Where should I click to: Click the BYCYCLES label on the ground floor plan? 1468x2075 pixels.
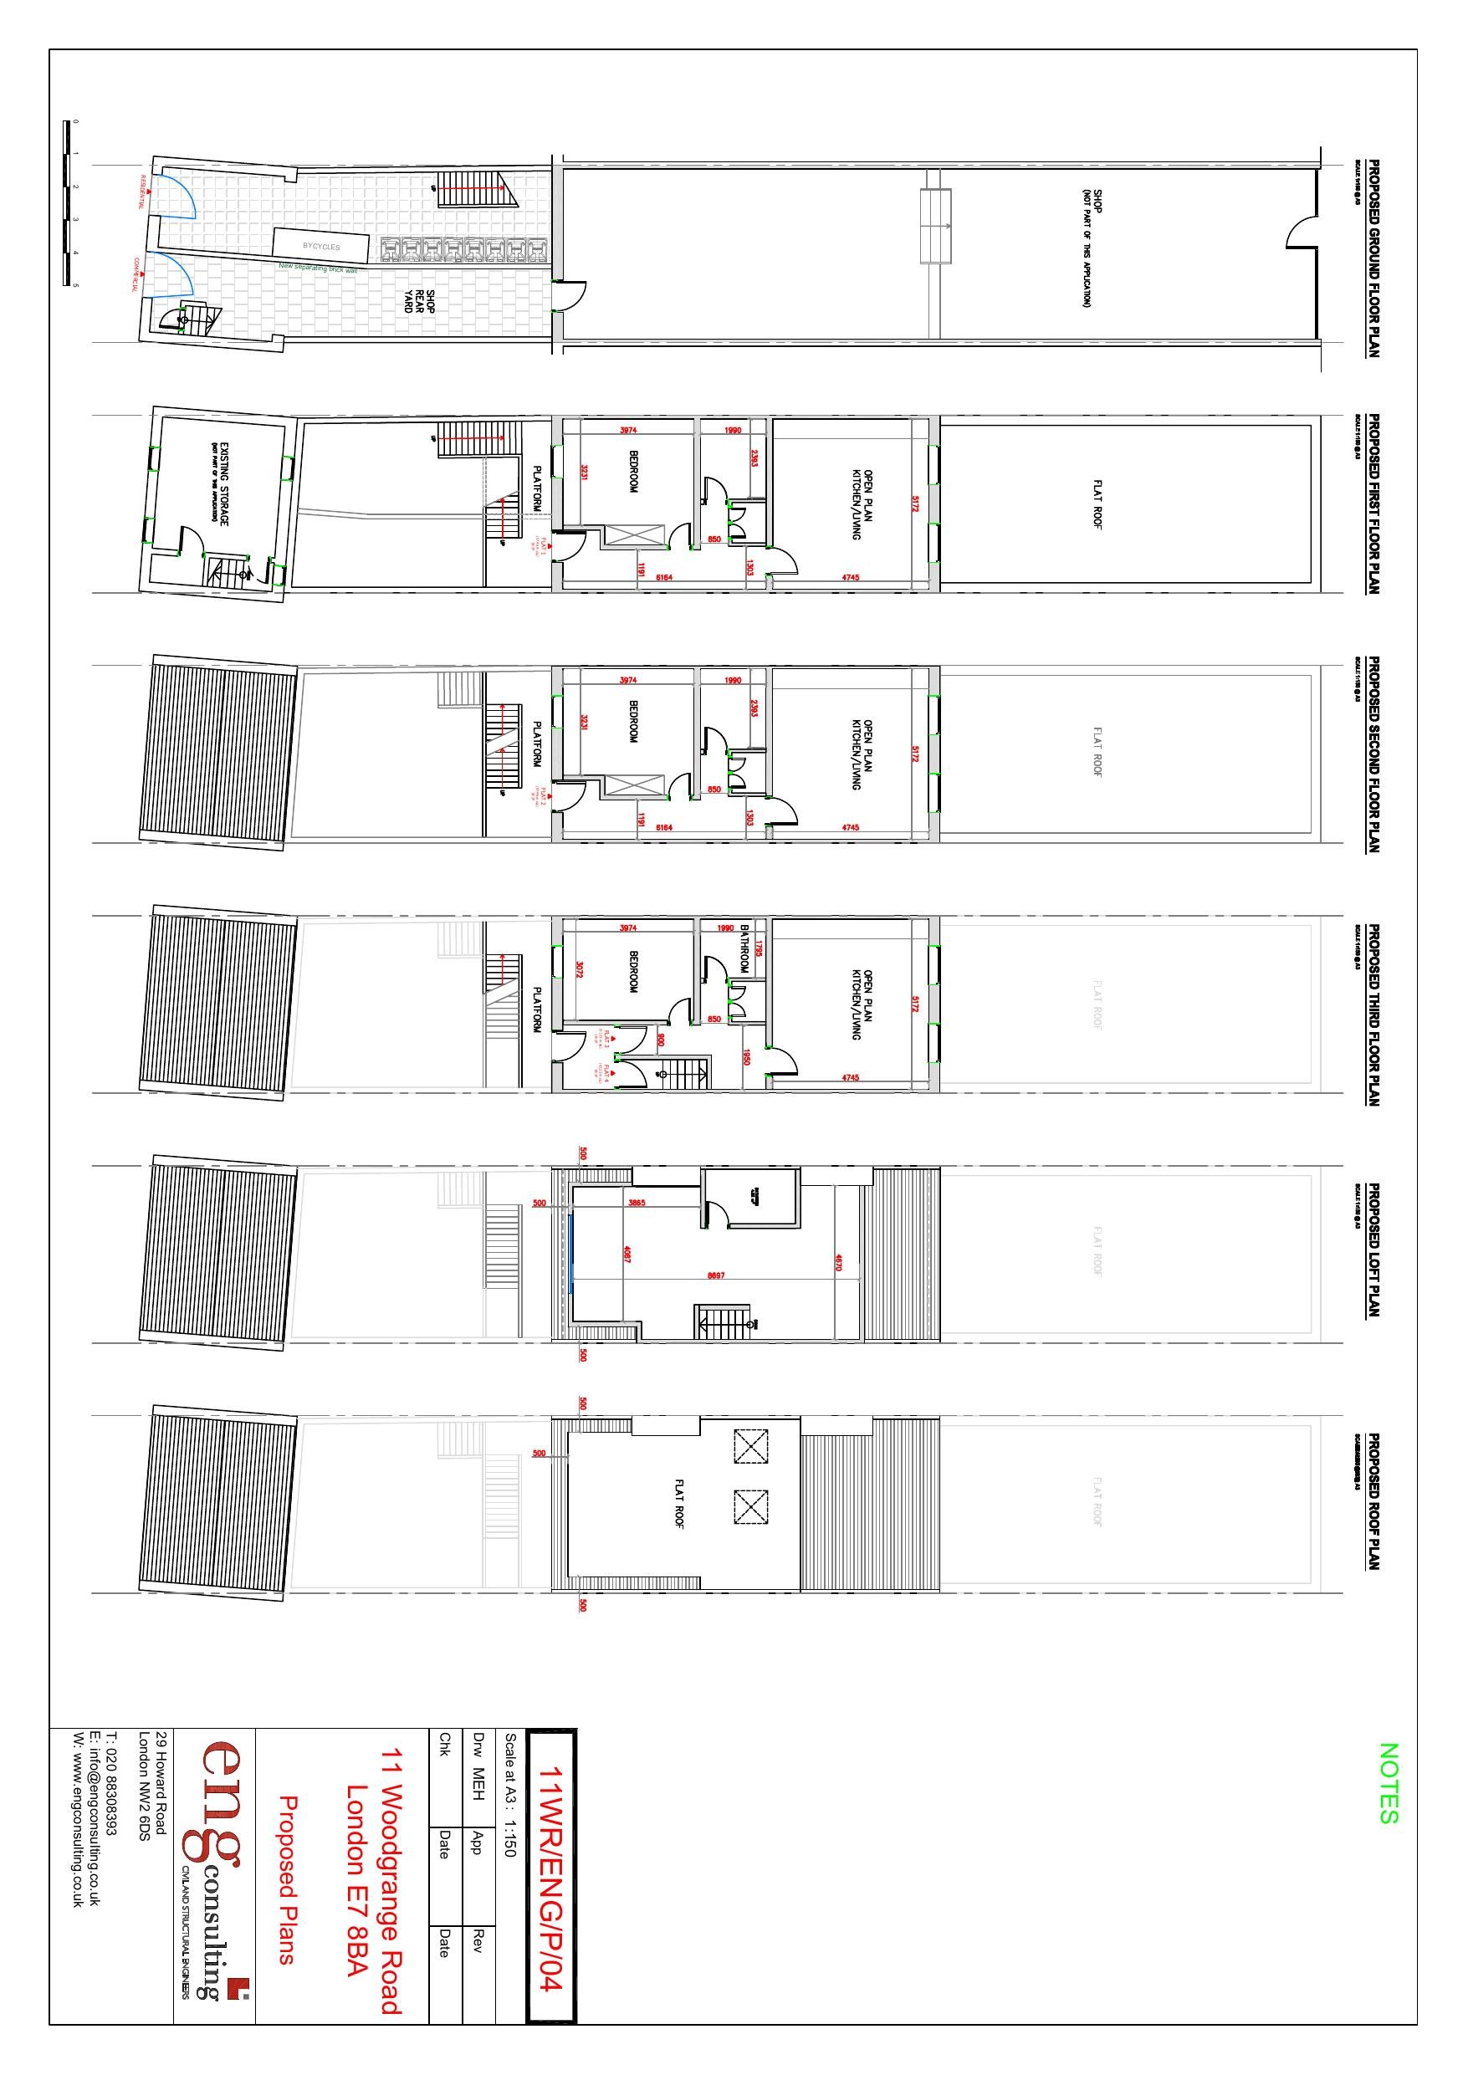click(322, 246)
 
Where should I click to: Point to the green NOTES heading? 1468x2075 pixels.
click(1389, 1783)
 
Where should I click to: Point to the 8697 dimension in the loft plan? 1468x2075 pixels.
click(715, 1275)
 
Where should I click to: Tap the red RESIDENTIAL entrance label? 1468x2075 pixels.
click(142, 191)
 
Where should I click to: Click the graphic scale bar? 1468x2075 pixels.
click(66, 203)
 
